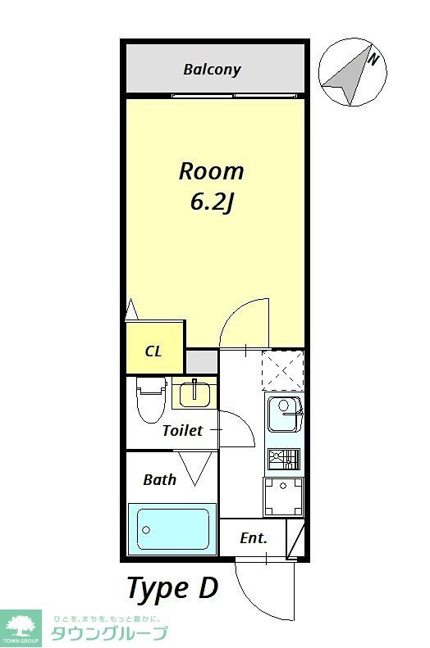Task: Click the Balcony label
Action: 212,69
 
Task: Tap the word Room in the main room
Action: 212,171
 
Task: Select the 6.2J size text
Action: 213,202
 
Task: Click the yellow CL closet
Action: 154,351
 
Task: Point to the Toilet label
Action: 181,430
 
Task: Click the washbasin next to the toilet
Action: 195,394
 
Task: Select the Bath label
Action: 159,480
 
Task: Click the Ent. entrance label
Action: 253,538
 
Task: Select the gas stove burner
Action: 283,460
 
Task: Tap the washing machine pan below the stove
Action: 283,496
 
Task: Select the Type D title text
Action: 172,588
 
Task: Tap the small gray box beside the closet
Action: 202,360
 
